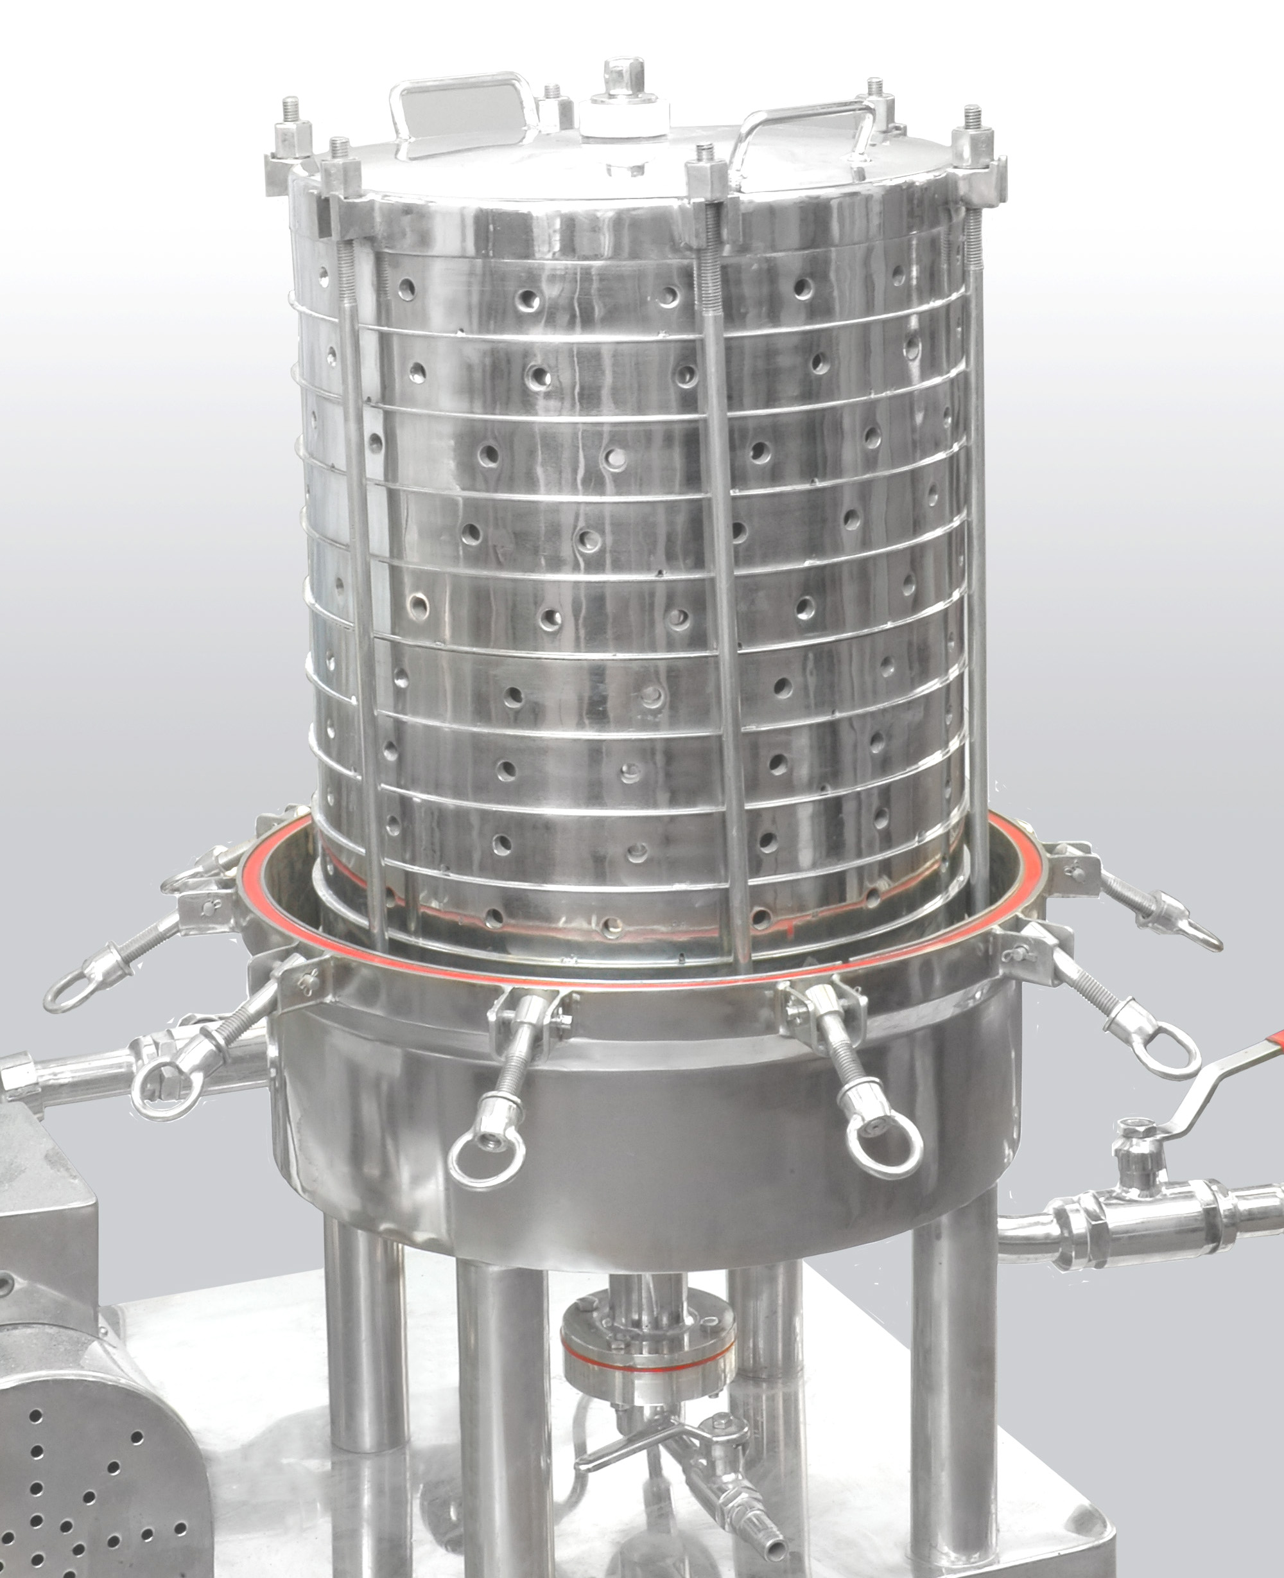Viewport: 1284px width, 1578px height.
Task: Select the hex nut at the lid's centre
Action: (x=621, y=77)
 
